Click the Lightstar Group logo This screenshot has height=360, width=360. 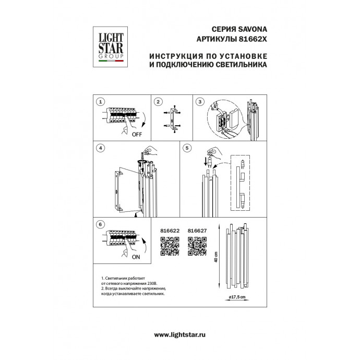point(111,47)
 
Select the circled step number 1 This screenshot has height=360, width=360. point(101,102)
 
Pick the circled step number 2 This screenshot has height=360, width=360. point(158,102)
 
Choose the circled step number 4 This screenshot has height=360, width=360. point(101,148)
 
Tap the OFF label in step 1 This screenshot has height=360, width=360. point(137,134)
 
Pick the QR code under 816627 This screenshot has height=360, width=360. point(197,245)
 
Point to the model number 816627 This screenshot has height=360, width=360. point(197,230)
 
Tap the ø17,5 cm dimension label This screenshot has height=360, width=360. point(237,297)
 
